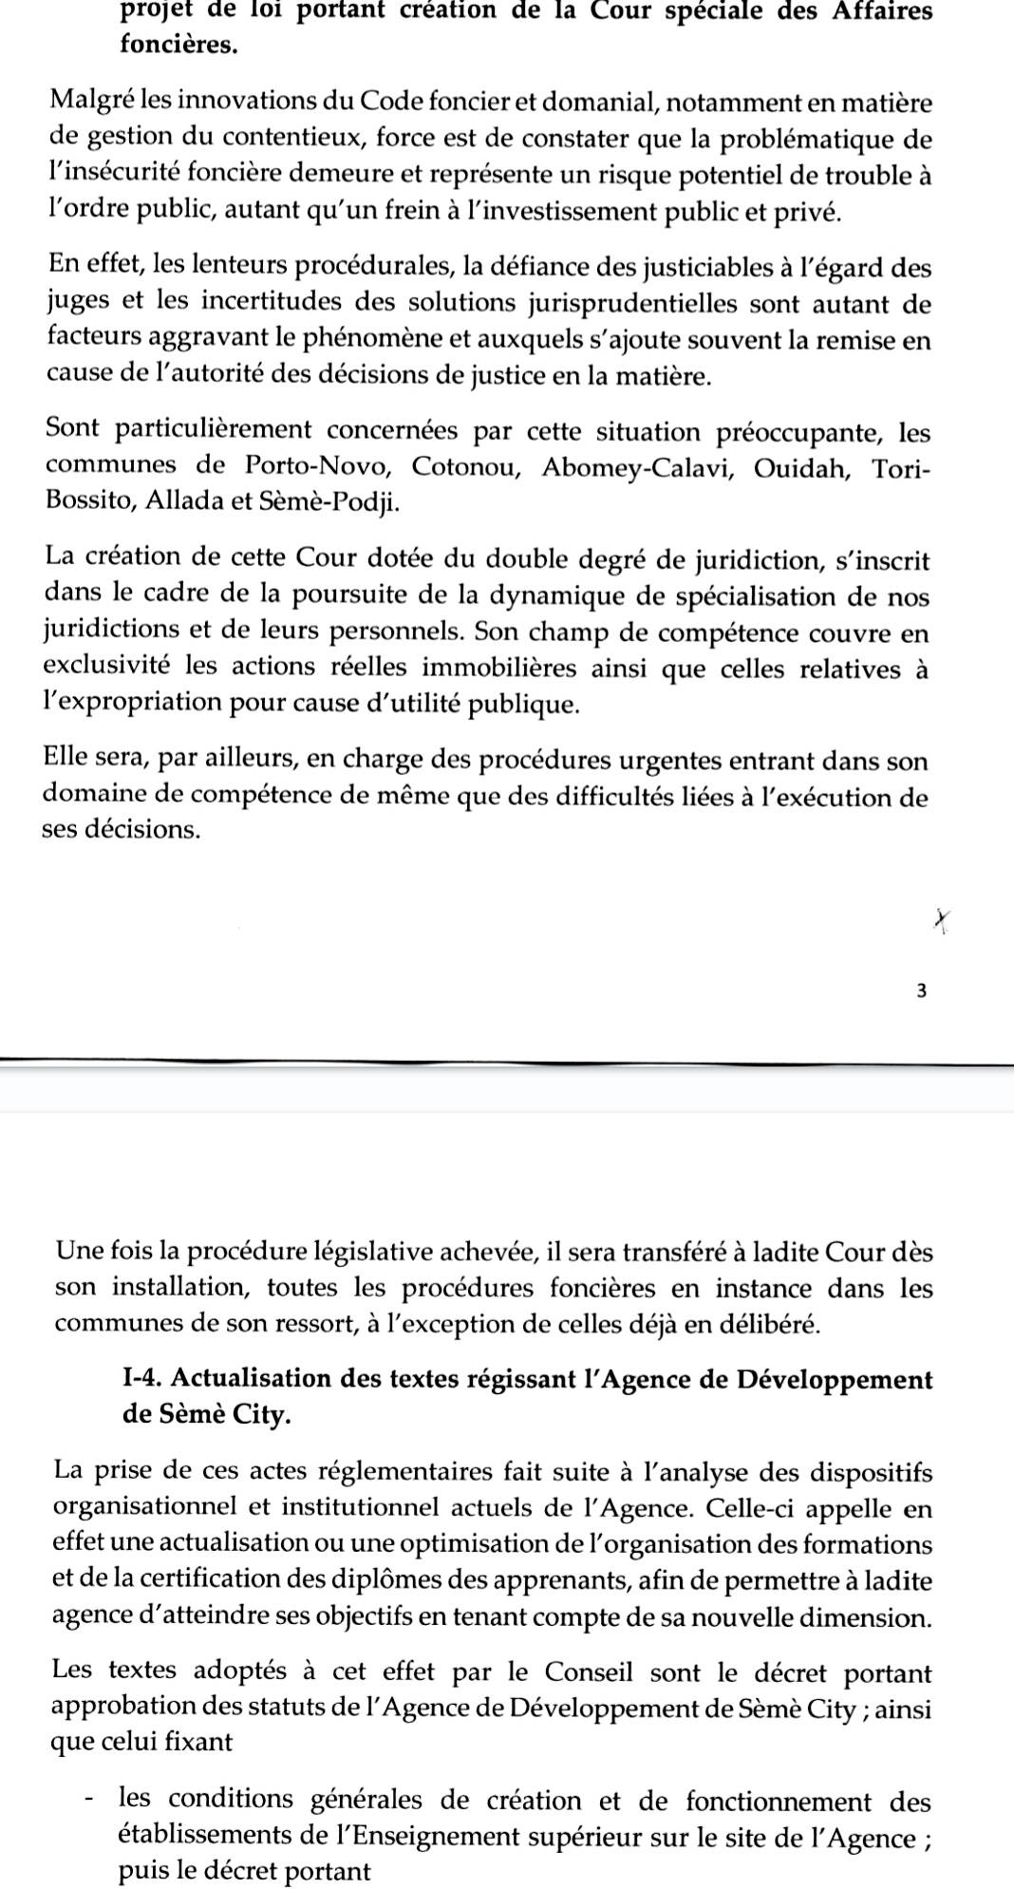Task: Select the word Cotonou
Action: click(464, 465)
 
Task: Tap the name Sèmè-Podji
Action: click(329, 501)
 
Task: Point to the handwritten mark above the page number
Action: click(941, 918)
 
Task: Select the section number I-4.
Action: click(142, 1378)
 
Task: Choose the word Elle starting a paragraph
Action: click(66, 760)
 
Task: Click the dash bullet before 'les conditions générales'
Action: click(88, 1801)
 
